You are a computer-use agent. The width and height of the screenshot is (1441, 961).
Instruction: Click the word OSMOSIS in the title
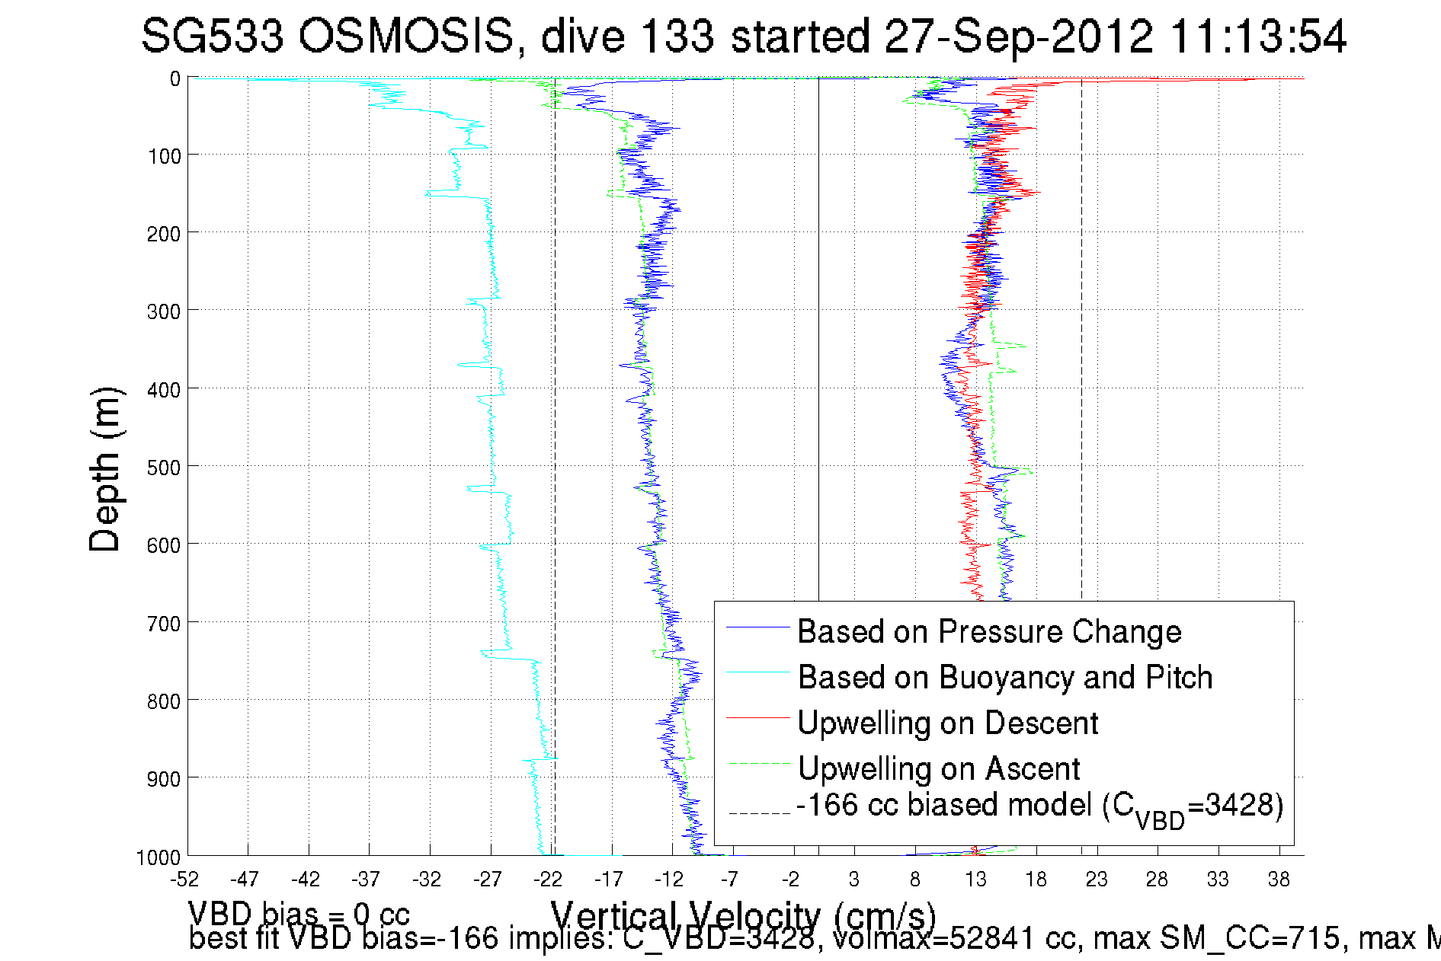pos(405,37)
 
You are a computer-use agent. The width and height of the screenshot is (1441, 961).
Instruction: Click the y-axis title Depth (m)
pos(104,469)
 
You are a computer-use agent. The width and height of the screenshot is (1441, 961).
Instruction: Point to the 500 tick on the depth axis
pos(163,468)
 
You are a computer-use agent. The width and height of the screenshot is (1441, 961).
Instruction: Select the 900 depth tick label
pos(163,779)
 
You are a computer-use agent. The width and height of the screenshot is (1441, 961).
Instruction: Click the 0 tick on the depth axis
pos(175,79)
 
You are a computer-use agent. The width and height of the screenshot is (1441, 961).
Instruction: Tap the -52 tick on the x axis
pos(184,880)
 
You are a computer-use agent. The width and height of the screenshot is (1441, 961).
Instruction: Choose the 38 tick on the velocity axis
pos(1279,880)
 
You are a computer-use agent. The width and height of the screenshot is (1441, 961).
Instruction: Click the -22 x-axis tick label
pos(548,880)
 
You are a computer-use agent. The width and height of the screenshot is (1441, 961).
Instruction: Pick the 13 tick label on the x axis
pos(975,880)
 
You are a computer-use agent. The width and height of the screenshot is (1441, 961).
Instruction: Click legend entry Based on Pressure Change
pos(989,632)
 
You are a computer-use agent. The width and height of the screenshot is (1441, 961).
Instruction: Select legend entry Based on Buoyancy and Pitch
pos(1004,678)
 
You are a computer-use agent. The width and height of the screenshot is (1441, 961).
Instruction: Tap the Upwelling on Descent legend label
pos(947,723)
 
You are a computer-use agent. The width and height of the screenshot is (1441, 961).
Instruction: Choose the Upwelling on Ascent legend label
pos(939,769)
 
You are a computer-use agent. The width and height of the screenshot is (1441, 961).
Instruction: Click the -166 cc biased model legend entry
pos(1039,807)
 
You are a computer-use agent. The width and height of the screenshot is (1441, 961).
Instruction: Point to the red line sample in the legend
pos(757,717)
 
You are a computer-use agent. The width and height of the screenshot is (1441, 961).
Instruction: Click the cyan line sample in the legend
pos(757,672)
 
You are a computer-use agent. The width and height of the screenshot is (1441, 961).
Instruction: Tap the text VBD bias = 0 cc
pos(299,913)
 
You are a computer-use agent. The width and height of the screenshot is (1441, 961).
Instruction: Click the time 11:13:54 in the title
pos(1257,37)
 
